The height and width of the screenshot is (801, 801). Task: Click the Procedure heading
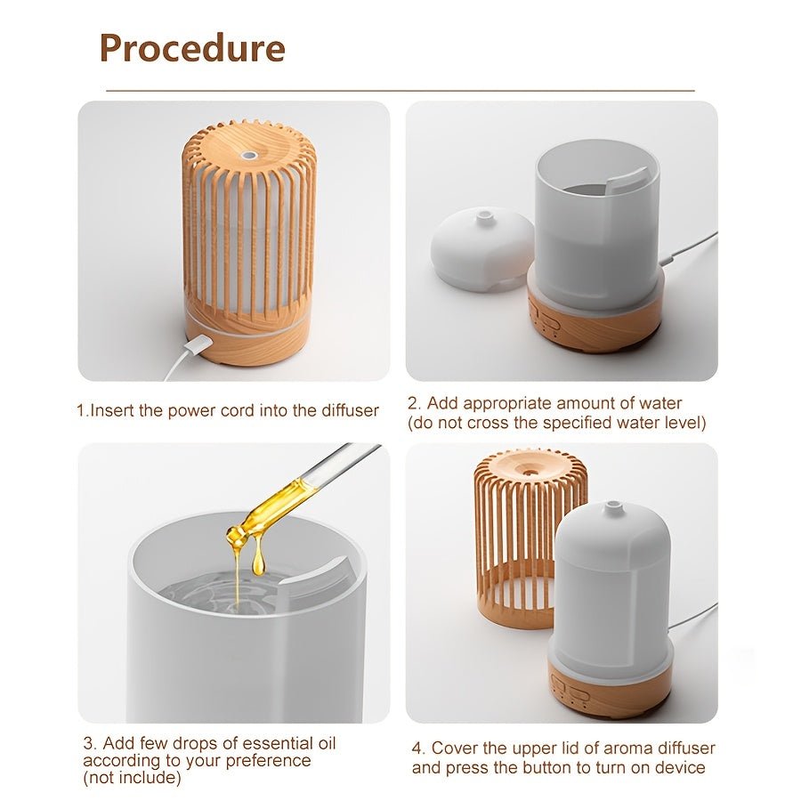[191, 47]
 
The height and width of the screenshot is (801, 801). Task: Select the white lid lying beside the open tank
[481, 248]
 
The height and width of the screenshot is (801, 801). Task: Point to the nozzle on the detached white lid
[484, 216]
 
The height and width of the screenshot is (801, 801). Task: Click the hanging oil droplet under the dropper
[258, 561]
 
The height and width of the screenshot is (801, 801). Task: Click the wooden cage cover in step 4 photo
[525, 534]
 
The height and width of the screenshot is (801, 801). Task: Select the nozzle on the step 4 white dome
[611, 508]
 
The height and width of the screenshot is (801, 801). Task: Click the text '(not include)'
[132, 778]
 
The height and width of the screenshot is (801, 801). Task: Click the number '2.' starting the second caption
[414, 403]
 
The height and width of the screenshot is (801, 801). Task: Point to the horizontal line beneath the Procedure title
[400, 91]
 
